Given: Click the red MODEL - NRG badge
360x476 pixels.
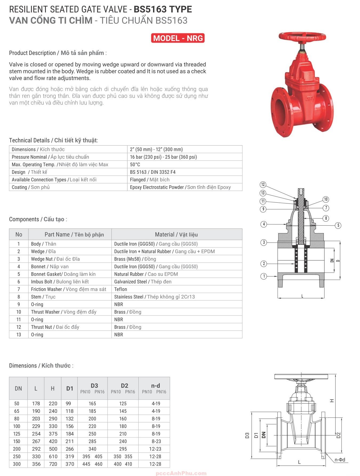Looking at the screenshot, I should click(178, 38).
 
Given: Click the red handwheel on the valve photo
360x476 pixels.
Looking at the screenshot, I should click(302, 37).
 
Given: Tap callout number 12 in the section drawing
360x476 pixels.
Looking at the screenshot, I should click(263, 185).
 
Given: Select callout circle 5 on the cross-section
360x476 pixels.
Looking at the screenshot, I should click(338, 225).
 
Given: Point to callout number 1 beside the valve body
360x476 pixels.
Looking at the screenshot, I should click(264, 276).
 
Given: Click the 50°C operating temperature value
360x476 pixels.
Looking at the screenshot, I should click(135, 165).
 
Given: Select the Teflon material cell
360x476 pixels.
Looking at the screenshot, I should click(121, 289).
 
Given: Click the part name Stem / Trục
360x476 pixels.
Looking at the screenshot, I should click(43, 297).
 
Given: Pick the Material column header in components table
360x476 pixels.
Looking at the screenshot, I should click(176, 234).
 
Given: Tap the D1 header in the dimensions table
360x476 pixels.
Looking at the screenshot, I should click(70, 388).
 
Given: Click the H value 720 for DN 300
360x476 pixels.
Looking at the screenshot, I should click(53, 464).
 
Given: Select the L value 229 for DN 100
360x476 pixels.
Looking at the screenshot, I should click(36, 426).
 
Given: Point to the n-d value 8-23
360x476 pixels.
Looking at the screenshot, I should click(156, 441).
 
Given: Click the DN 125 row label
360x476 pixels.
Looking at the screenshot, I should click(17, 434).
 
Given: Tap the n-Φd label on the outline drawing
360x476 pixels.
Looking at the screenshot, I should click(340, 460).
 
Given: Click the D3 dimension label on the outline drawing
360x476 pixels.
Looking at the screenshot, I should click(247, 435).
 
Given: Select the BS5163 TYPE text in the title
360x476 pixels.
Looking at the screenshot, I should click(163, 9).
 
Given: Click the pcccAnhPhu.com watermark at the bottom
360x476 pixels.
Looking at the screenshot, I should click(181, 473).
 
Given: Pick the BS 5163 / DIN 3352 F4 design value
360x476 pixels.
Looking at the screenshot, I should click(153, 172).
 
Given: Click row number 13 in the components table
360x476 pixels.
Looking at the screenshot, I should click(19, 335).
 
